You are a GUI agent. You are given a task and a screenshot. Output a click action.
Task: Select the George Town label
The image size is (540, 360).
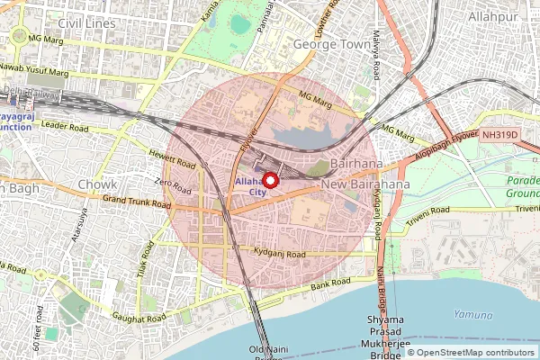(x=331, y=43)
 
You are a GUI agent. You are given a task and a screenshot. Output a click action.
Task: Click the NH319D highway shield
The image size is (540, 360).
(x=499, y=135)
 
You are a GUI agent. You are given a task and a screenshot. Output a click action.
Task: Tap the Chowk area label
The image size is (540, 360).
(x=96, y=184)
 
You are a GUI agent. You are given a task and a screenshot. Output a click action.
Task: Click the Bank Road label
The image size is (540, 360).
(x=329, y=285)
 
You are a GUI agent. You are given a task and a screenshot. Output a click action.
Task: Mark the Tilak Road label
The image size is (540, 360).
(x=142, y=262)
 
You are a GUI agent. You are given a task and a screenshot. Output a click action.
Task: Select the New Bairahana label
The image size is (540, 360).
(x=365, y=184)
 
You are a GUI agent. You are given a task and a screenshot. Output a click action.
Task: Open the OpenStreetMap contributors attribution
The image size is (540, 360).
(x=476, y=352)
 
